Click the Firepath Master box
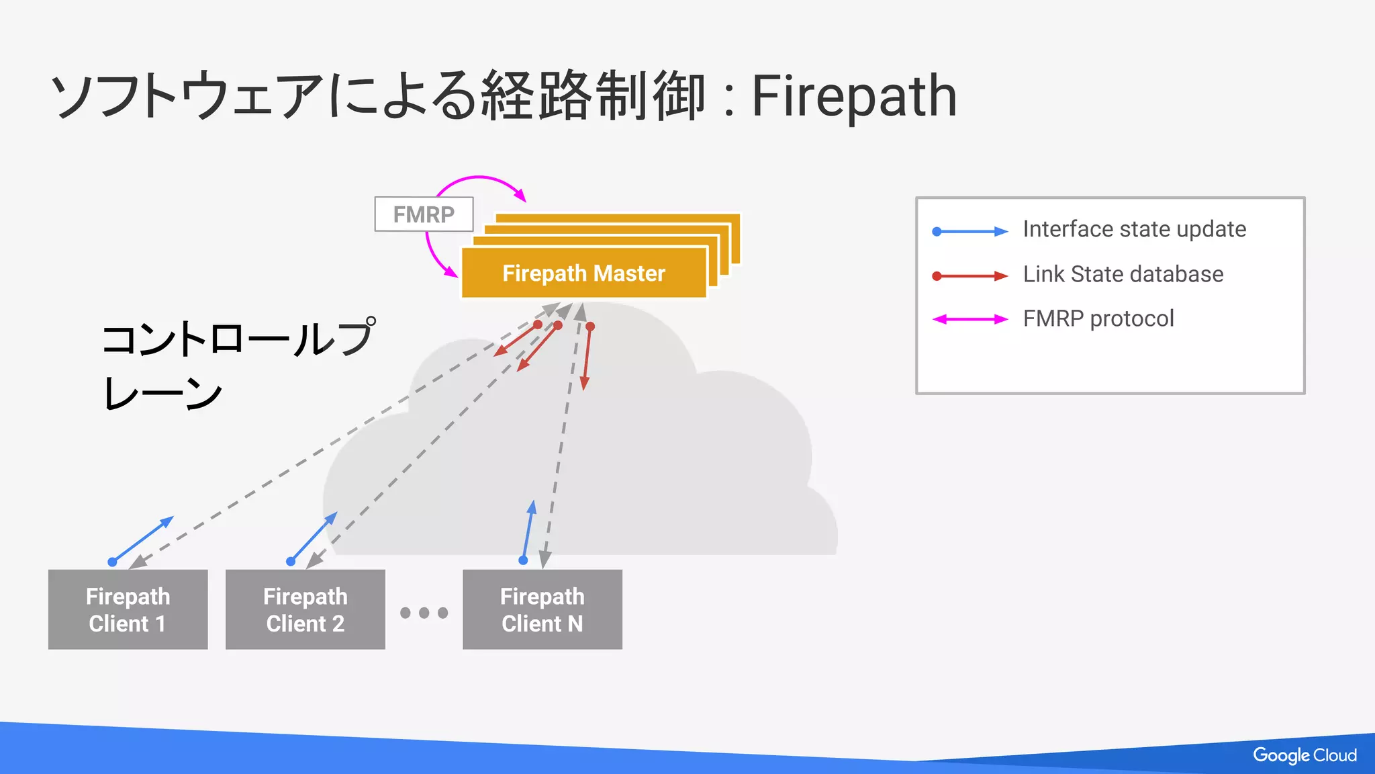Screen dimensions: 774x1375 click(x=583, y=273)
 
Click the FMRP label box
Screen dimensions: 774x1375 click(x=424, y=214)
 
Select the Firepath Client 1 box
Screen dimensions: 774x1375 click(x=128, y=609)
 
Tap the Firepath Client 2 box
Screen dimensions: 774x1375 click(x=305, y=609)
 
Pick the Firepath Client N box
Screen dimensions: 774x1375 click(x=542, y=609)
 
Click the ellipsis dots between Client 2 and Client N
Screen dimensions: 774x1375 click(x=424, y=613)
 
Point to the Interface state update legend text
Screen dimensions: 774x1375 click(x=1134, y=229)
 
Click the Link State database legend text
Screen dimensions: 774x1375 click(x=1123, y=274)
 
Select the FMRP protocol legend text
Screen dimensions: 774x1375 click(x=1098, y=318)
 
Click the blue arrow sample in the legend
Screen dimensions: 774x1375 click(x=969, y=231)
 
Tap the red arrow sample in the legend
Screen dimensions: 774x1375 click(x=969, y=276)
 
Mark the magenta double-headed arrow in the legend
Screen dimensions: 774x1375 click(x=969, y=319)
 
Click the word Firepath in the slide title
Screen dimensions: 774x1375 click(x=853, y=96)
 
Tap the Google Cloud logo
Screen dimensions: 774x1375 click(x=1304, y=755)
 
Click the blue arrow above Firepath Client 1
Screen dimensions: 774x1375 click(x=142, y=540)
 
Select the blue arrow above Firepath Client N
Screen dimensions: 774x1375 click(x=528, y=531)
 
